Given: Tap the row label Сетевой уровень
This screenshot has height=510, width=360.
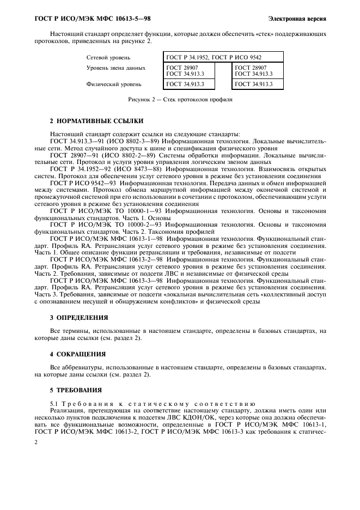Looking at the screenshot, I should coord(108,57).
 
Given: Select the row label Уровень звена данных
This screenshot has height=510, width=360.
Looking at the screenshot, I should coord(115,68).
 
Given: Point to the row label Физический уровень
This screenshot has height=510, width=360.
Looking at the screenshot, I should coord(113,84).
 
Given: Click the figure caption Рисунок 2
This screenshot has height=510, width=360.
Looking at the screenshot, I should coord(180,100).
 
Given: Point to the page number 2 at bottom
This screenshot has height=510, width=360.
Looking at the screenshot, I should coord(36,444).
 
